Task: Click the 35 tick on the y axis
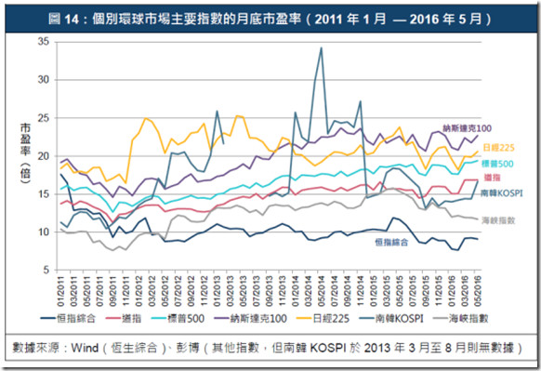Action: pos(44,42)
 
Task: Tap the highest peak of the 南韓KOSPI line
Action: pos(322,48)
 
